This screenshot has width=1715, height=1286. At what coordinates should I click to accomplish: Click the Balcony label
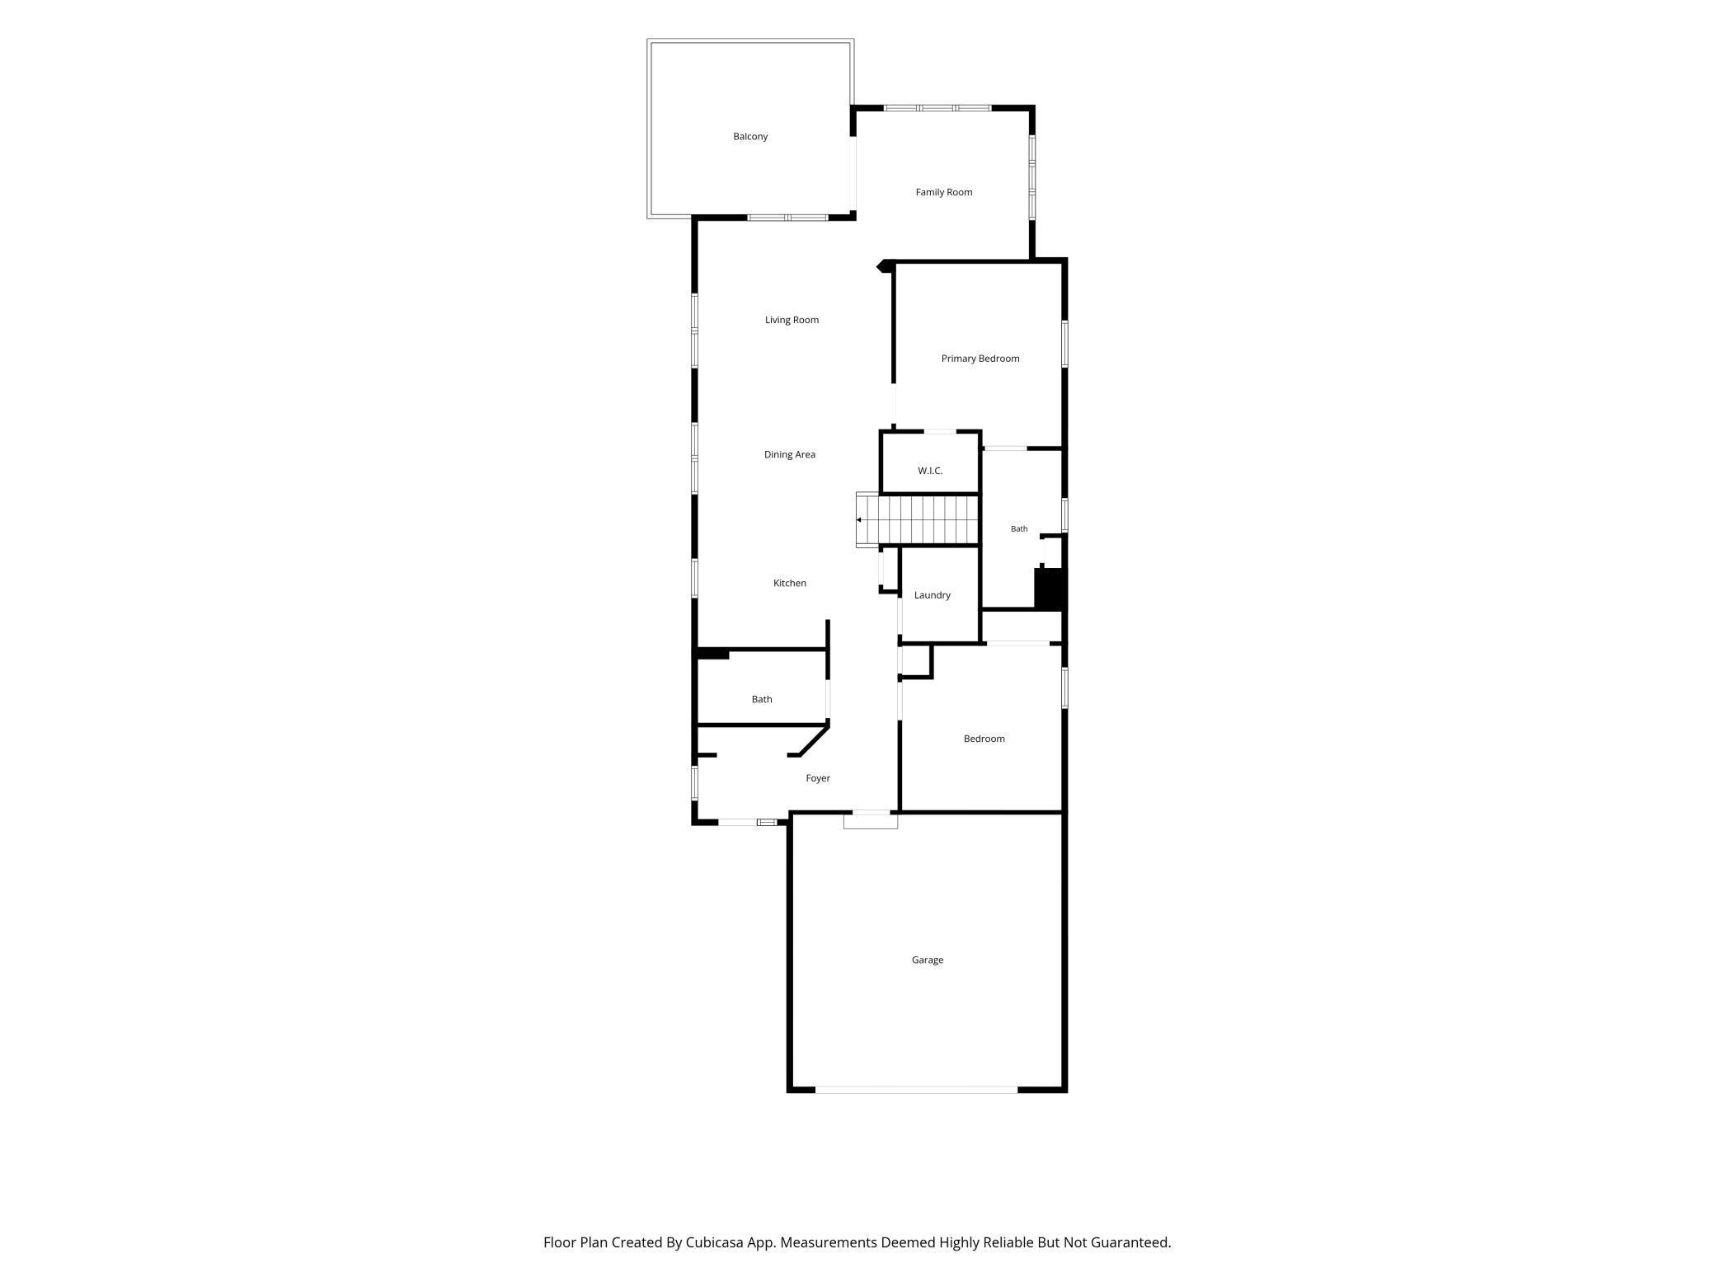750,137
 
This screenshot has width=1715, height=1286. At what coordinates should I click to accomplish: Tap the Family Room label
944,192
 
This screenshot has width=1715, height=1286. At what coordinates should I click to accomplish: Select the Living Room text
792,320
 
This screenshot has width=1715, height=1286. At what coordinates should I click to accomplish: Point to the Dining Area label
790,454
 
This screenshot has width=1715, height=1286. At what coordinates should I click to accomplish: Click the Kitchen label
790,583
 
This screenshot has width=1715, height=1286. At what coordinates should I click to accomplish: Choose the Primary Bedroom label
980,359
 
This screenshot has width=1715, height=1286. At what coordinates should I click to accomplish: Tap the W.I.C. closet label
930,471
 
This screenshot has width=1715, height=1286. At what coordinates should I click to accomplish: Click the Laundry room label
933,595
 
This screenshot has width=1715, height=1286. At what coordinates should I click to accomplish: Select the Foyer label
818,778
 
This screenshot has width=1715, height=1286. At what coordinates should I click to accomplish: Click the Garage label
928,960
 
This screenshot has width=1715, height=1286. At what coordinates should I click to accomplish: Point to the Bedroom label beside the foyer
984,739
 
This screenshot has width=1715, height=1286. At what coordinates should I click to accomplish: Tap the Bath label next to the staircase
1019,529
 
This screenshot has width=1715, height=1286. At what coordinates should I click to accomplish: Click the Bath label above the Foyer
762,699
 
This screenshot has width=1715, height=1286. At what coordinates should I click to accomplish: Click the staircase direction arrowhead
859,520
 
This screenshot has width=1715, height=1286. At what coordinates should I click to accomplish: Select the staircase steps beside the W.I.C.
918,520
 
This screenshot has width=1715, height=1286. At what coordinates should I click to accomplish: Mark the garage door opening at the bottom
917,1090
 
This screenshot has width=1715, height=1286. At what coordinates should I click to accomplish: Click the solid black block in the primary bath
1050,589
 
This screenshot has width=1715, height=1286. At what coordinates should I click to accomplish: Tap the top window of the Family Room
937,108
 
